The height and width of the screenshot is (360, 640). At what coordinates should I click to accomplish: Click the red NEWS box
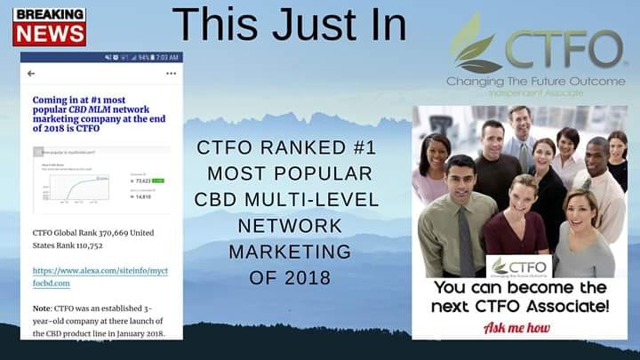50,34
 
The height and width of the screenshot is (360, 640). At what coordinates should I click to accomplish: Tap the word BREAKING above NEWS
50,15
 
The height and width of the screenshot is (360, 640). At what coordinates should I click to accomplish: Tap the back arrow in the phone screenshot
31,74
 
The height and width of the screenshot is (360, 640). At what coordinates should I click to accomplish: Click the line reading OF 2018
290,278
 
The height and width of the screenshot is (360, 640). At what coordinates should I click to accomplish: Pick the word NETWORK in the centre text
289,226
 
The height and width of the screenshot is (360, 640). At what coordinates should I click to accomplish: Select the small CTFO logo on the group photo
521,266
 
